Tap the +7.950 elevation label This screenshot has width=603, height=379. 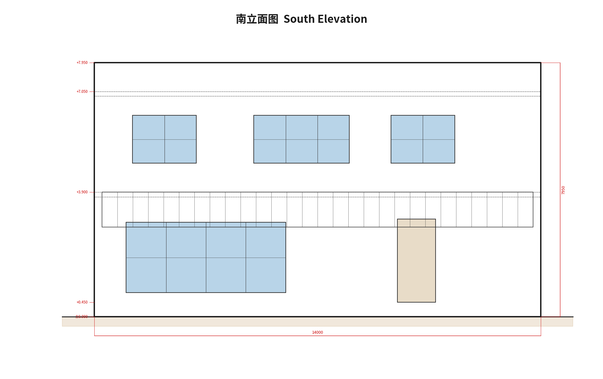(x=82, y=63)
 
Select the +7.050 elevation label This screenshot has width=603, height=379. (x=82, y=92)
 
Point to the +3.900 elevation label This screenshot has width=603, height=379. (x=82, y=192)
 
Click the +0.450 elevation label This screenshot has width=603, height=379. (x=82, y=302)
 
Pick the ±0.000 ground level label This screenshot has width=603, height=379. (x=81, y=317)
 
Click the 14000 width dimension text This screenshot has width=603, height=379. (x=318, y=332)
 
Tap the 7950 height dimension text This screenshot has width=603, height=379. (x=563, y=190)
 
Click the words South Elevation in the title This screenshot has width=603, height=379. (x=325, y=19)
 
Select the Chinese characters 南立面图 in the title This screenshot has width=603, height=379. (x=257, y=19)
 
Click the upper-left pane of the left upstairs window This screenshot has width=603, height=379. (x=149, y=128)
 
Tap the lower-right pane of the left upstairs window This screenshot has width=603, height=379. (x=180, y=151)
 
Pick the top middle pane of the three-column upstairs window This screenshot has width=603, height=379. (x=301, y=128)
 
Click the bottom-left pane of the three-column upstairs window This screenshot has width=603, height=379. (x=270, y=151)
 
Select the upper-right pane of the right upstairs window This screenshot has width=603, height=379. (x=439, y=128)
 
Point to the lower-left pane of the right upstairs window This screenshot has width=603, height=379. (x=407, y=151)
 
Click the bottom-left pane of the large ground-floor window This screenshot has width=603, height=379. (x=146, y=275)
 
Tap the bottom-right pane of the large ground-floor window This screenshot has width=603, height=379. (x=266, y=275)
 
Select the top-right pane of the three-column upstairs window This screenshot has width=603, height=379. (x=333, y=128)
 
